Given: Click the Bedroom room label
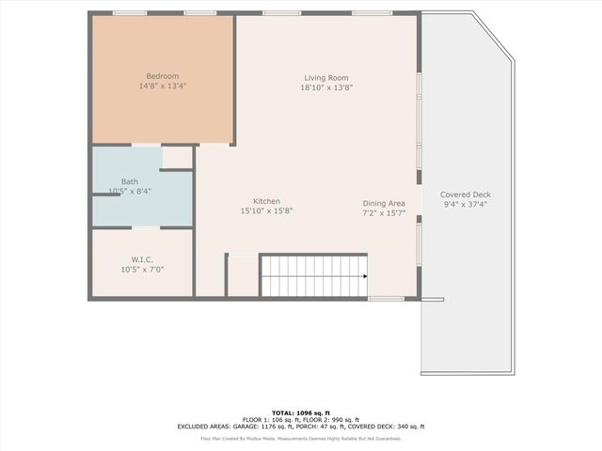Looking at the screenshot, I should [162, 76].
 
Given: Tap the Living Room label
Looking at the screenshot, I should [326, 78].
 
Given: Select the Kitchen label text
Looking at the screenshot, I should [266, 201].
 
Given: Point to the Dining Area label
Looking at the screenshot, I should [384, 203].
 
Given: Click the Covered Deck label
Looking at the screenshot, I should [466, 194].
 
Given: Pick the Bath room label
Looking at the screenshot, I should [130, 181].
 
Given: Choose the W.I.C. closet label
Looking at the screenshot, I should [142, 259].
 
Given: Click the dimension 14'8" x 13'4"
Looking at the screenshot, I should [162, 86].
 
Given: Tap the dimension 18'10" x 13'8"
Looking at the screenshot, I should [326, 87].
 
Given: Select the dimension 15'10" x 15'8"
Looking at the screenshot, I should [266, 211].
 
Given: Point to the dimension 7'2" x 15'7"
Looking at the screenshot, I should [384, 213].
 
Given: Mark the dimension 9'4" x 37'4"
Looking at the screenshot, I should [466, 204].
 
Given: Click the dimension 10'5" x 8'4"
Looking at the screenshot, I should [130, 191].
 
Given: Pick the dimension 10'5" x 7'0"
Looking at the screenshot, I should [142, 270].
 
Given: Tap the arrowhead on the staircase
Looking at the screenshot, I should [364, 276].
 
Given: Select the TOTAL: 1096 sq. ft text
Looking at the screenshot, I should [301, 412].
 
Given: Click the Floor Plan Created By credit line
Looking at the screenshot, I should [301, 438].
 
